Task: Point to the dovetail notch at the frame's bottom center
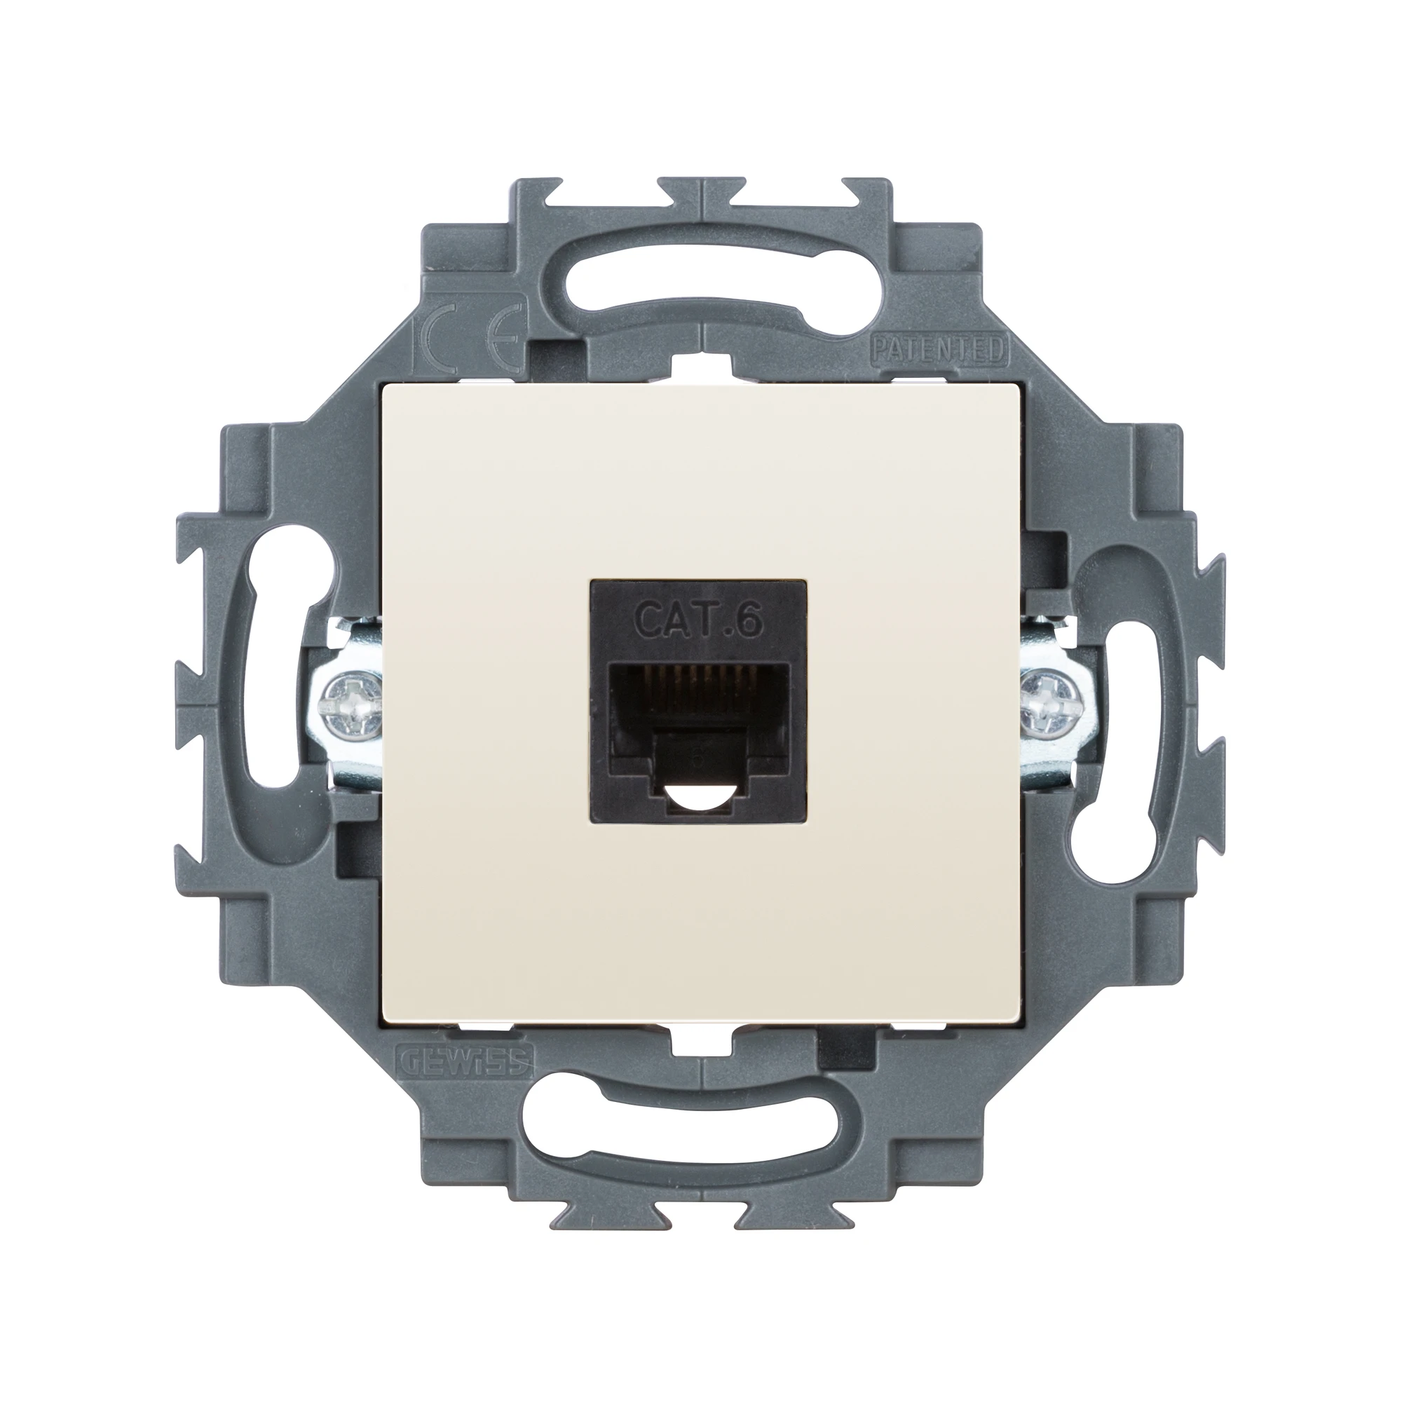(700, 1211)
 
